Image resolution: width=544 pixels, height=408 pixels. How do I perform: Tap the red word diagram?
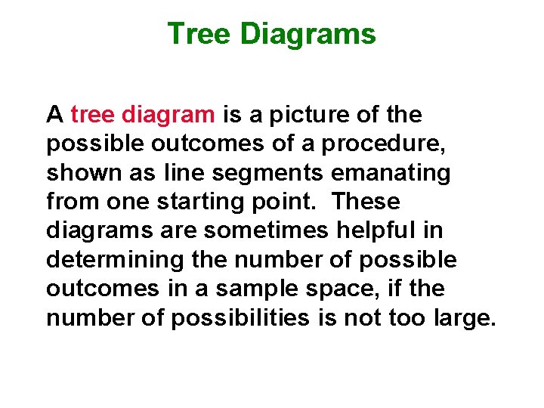[168, 115]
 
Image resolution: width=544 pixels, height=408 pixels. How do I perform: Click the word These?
[366, 202]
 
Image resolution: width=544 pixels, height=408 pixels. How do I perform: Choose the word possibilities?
[240, 318]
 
